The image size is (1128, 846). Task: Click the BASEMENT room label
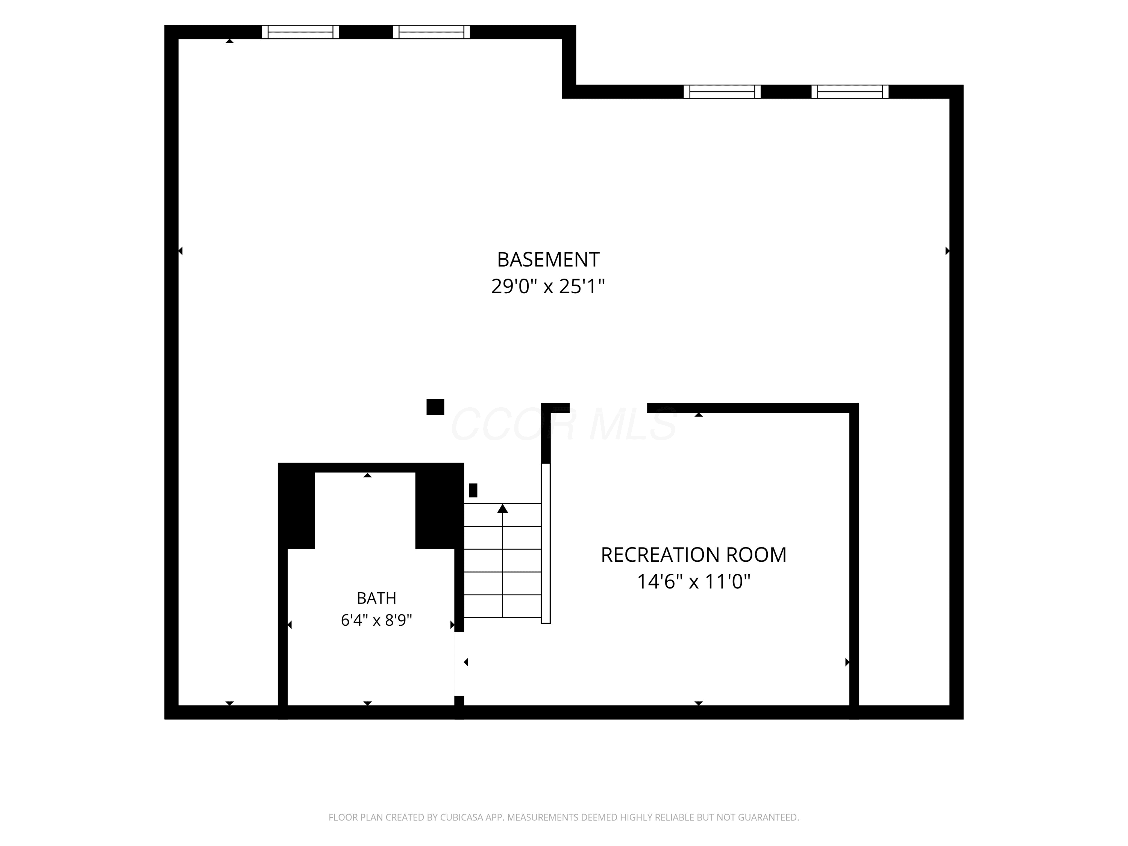[x=548, y=259]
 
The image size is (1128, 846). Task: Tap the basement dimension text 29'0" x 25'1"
[x=548, y=287]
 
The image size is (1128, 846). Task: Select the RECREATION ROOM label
[x=693, y=555]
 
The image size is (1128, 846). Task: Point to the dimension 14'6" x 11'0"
[x=693, y=581]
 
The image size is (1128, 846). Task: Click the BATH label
[x=376, y=598]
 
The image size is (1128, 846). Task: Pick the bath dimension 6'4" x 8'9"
[x=376, y=620]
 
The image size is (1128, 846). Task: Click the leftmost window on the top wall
[x=300, y=32]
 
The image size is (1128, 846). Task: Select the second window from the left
[x=431, y=32]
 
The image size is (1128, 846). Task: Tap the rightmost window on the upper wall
[x=850, y=92]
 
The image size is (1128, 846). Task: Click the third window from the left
[x=722, y=92]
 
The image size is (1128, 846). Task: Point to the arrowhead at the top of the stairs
[x=503, y=508]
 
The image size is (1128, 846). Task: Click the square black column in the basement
[x=435, y=407]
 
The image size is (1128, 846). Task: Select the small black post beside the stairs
[x=473, y=490]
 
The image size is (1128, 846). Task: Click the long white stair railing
[x=546, y=543]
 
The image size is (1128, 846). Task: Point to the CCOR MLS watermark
[x=564, y=424]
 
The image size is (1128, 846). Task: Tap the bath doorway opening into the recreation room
[x=459, y=664]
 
